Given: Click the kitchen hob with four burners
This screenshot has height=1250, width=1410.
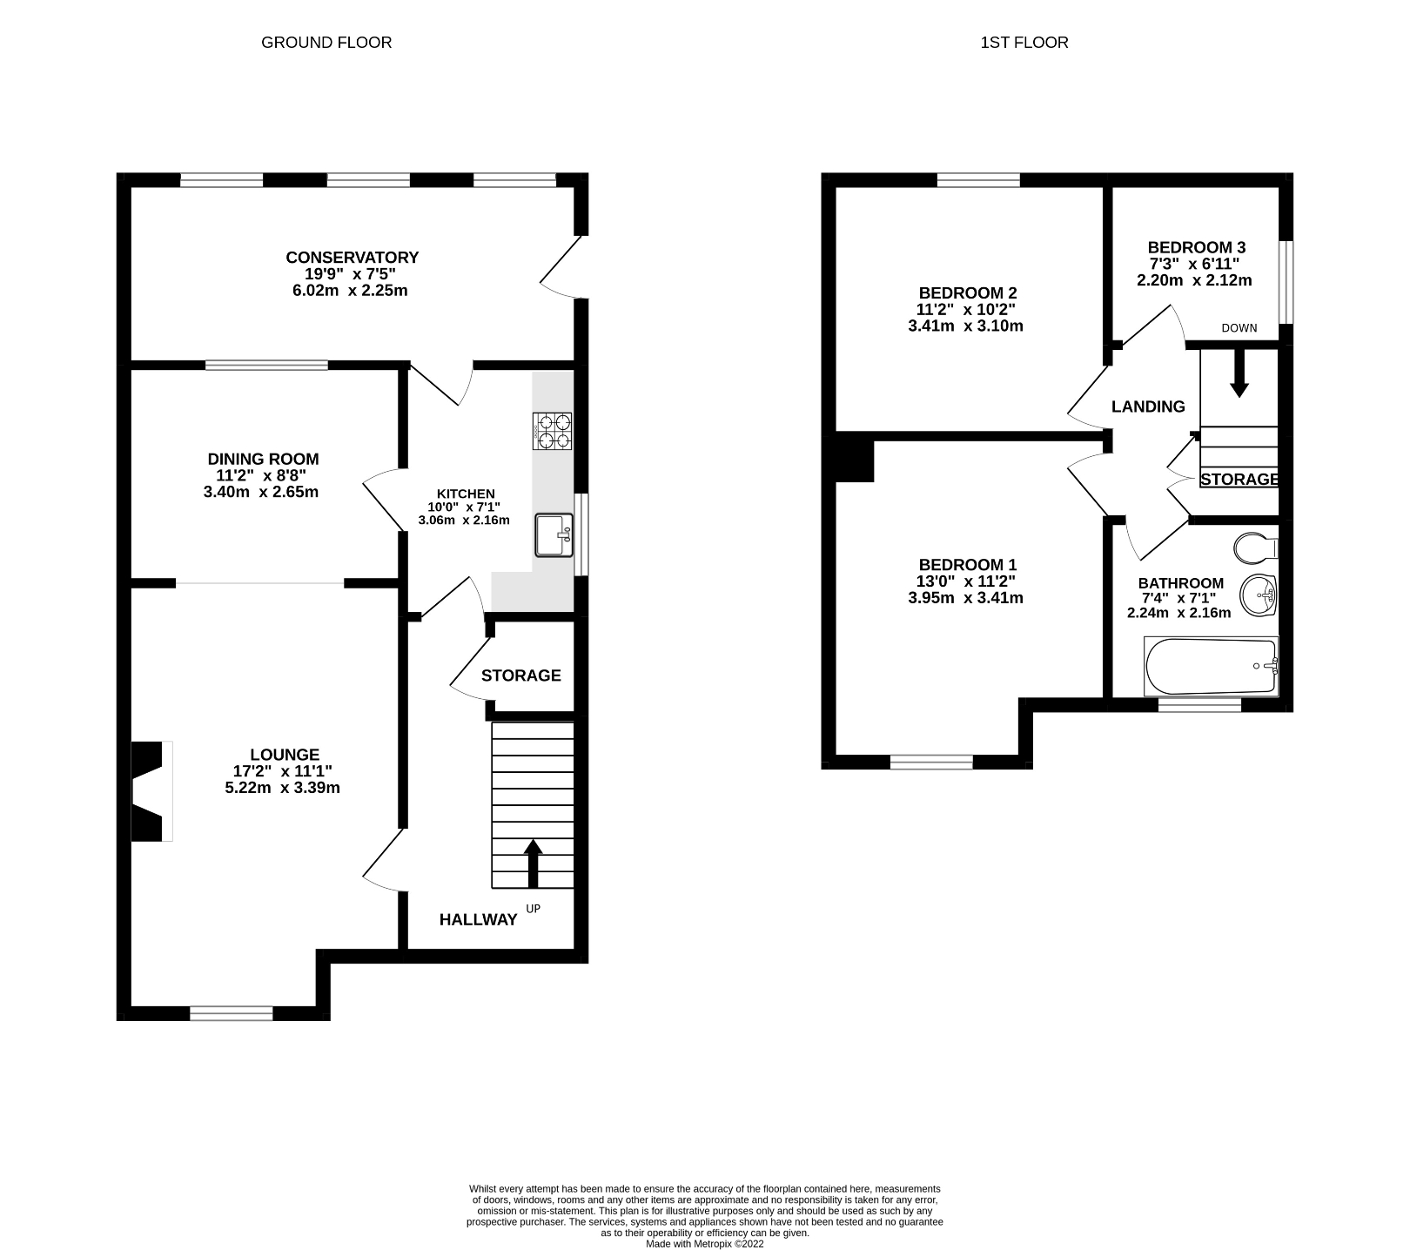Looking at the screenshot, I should [x=553, y=431].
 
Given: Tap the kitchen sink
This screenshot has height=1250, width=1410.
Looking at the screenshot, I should [x=554, y=535].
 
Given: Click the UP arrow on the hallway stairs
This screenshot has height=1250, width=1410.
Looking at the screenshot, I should [x=533, y=864].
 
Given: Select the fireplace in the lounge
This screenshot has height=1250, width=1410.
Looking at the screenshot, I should [x=149, y=791].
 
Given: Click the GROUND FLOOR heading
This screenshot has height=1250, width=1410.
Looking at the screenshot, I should [x=326, y=43].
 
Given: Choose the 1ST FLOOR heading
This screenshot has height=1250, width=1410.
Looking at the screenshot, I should [x=1024, y=43].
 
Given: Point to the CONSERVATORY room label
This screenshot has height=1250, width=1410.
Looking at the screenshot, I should [x=352, y=258].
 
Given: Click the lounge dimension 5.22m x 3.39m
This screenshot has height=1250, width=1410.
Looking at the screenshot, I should [x=282, y=788].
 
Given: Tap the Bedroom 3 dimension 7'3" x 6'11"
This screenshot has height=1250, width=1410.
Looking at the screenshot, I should [x=1194, y=264].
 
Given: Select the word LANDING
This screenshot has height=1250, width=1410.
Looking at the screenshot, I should [x=1148, y=407].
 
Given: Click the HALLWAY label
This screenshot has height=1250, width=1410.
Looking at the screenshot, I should [x=478, y=920].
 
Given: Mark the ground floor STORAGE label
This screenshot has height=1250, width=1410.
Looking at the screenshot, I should [x=520, y=675].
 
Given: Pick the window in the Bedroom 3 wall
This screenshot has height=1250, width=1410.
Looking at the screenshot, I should [x=1285, y=281].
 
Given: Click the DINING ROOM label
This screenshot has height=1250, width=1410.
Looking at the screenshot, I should [x=263, y=459].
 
